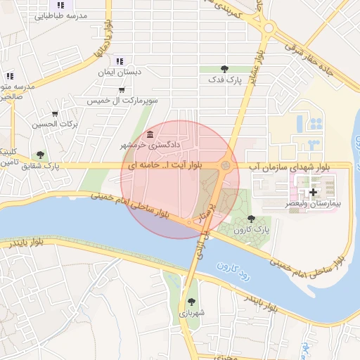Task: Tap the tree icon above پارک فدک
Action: [x=225, y=69]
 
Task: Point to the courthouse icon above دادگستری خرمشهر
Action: [x=150, y=134]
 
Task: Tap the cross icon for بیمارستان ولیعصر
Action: [x=313, y=192]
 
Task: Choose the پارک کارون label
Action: [x=253, y=230]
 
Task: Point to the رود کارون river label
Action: [x=235, y=271]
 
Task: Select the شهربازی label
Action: [x=191, y=313]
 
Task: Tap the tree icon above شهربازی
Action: [x=191, y=302]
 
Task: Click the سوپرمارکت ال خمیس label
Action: [x=122, y=101]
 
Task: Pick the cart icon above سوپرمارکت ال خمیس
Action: [x=122, y=89]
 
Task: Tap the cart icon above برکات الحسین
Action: [x=55, y=113]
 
